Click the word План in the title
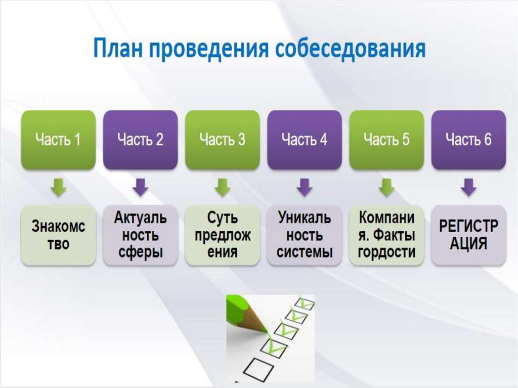(118, 48)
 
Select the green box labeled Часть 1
(58, 140)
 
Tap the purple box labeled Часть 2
(141, 140)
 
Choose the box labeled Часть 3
(223, 140)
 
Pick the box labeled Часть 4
(305, 140)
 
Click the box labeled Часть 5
(386, 140)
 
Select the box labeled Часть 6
(469, 140)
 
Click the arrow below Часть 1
(59, 187)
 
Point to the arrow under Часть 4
(305, 187)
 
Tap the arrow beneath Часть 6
(469, 187)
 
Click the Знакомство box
(58, 235)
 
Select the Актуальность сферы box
(141, 235)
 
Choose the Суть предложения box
(223, 235)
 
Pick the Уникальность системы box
(305, 235)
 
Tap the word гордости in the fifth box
(386, 252)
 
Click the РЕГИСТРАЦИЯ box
(469, 235)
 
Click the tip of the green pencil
(267, 331)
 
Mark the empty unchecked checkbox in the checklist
(258, 367)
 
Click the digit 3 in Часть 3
(241, 140)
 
